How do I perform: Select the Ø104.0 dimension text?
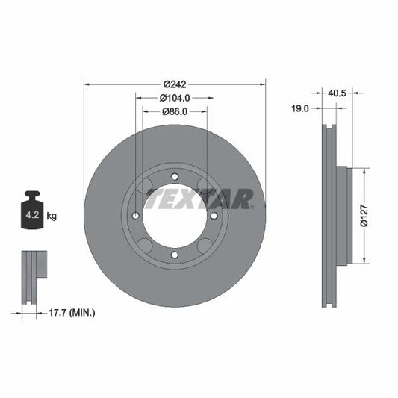[x=175, y=97]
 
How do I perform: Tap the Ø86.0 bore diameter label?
[x=175, y=111]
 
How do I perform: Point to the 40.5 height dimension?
[x=338, y=93]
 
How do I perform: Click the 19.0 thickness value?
[x=299, y=108]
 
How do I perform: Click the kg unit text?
[x=52, y=217]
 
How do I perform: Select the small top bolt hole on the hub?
[x=175, y=176]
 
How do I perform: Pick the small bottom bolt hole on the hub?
[x=175, y=255]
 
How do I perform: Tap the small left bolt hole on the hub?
[x=135, y=216]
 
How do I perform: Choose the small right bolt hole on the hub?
[x=214, y=216]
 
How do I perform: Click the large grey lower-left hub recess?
[x=146, y=245]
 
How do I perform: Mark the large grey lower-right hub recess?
[x=203, y=245]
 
